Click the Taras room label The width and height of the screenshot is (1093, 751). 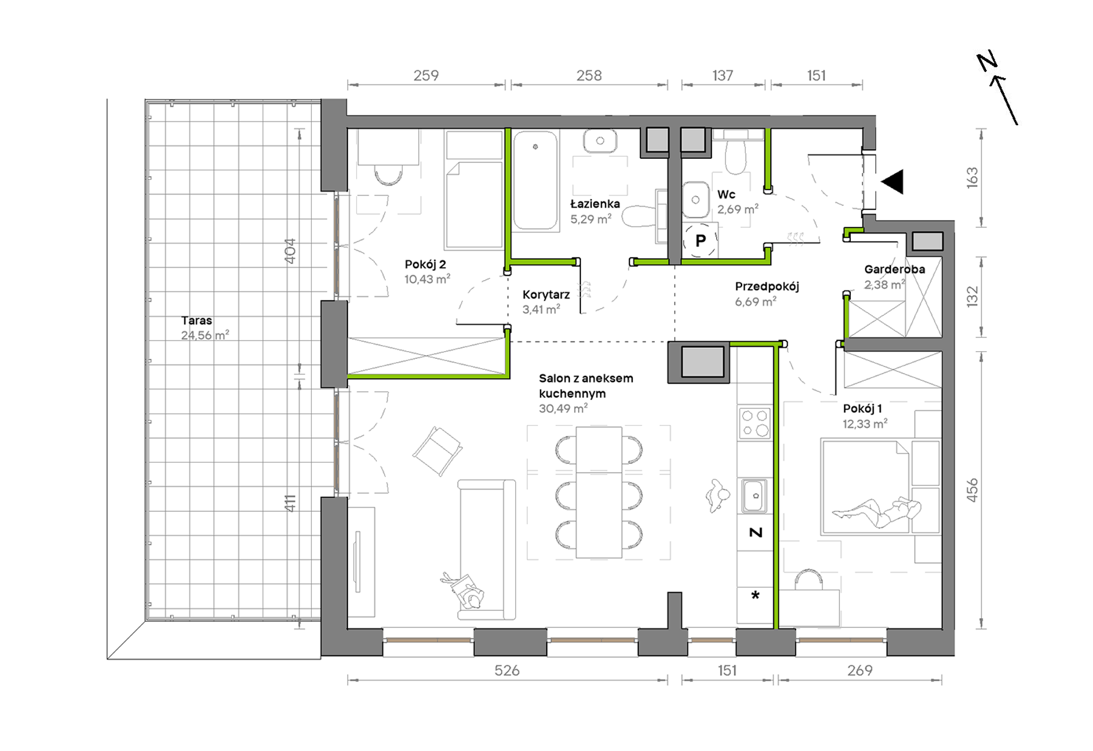(197, 320)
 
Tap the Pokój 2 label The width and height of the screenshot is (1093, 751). (425, 265)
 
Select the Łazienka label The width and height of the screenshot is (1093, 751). (595, 204)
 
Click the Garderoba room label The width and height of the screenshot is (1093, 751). (895, 269)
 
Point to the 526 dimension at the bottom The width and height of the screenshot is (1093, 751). (507, 670)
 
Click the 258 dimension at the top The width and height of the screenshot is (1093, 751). (589, 75)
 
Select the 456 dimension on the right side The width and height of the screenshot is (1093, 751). (972, 490)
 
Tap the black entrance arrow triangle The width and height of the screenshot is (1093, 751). (892, 182)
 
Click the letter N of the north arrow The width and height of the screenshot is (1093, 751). (987, 61)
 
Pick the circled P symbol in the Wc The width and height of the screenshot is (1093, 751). (700, 240)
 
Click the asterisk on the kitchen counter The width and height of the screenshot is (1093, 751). (755, 596)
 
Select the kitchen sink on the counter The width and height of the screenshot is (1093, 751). (754, 496)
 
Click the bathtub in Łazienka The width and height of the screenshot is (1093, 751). (536, 181)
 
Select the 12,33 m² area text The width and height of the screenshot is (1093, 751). (865, 424)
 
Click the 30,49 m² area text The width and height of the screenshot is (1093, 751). (563, 408)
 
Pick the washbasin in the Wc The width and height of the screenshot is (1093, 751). (696, 200)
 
